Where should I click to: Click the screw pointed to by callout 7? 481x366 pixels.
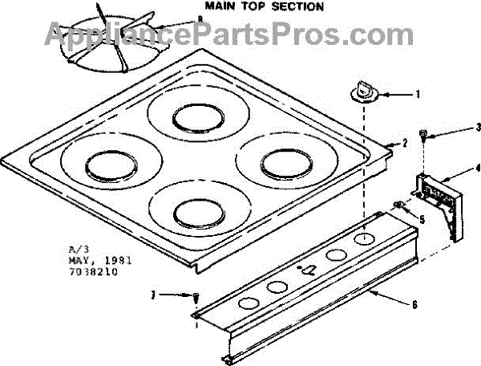point(195,298)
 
